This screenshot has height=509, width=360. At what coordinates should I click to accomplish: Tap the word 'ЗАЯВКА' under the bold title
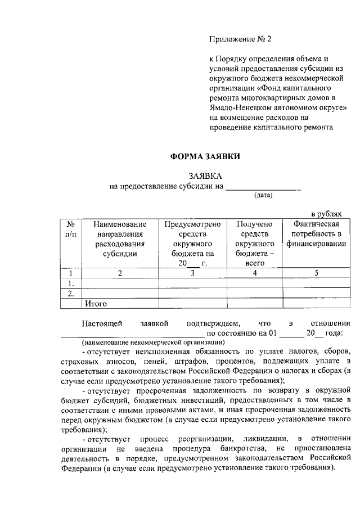pyautogui.click(x=205, y=176)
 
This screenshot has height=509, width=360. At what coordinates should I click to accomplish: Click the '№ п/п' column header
pyautogui.click(x=71, y=229)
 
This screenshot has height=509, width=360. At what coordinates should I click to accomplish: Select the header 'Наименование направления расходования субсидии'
pyautogui.click(x=120, y=239)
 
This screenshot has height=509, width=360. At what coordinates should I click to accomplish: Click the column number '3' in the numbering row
pyautogui.click(x=192, y=273)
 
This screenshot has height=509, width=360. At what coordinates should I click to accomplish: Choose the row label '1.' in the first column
pyautogui.click(x=71, y=283)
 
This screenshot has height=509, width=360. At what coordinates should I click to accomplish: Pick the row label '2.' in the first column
pyautogui.click(x=71, y=293)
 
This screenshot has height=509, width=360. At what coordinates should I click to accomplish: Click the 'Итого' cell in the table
pyautogui.click(x=96, y=303)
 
